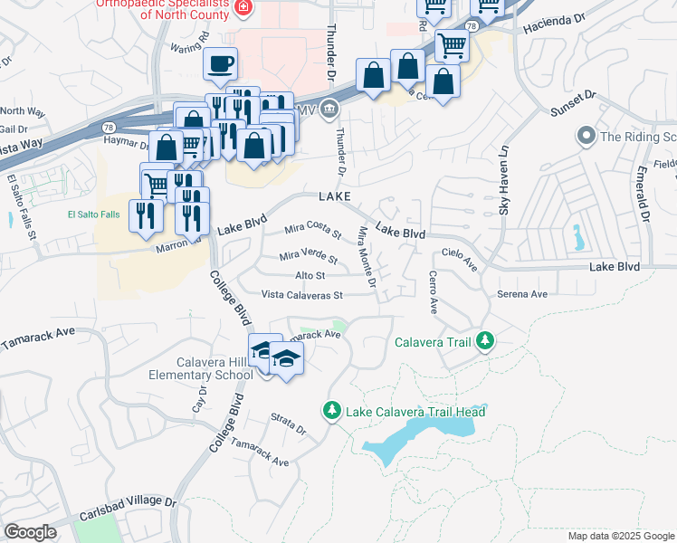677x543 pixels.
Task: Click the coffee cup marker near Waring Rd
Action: pyautogui.click(x=220, y=64)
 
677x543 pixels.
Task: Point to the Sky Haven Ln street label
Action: pyautogui.click(x=505, y=180)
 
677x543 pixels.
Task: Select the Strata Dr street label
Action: pyautogui.click(x=289, y=424)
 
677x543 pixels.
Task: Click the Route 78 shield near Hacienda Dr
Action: pyautogui.click(x=471, y=27)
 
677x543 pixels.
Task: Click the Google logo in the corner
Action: pyautogui.click(x=30, y=532)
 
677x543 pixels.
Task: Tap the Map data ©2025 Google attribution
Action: pyautogui.click(x=620, y=536)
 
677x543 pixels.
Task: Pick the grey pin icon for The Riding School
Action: pyautogui.click(x=586, y=137)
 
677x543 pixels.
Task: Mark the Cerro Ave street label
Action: pyautogui.click(x=433, y=292)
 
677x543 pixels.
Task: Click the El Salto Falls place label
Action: pyautogui.click(x=91, y=214)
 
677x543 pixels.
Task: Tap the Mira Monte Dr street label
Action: pyautogui.click(x=367, y=258)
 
